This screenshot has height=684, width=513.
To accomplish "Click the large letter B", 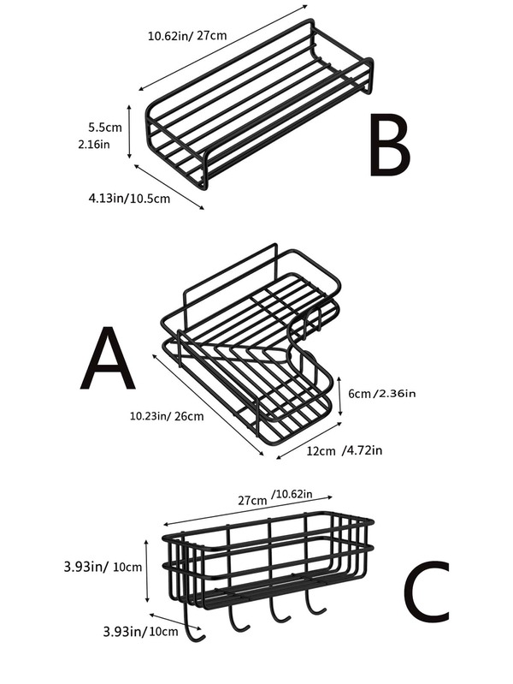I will click(x=389, y=146).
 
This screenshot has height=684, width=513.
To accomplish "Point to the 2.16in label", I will click(x=101, y=144).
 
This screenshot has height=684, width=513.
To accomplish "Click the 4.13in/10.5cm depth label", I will click(x=129, y=198).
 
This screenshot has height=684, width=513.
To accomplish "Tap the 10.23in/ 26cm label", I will click(x=167, y=417).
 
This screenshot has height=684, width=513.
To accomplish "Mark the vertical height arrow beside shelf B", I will click(x=130, y=132).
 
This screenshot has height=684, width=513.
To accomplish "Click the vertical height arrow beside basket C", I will click(x=146, y=568).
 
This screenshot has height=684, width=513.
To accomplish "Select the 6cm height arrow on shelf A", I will click(x=339, y=395).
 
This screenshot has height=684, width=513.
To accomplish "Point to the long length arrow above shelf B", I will click(x=222, y=48).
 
